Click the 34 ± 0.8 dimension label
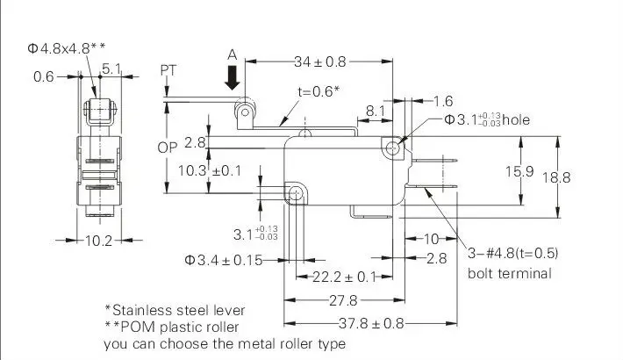pyautogui.click(x=320, y=61)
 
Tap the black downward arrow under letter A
pyautogui.click(x=233, y=77)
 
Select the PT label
pyautogui.click(x=168, y=70)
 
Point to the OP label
pyautogui.click(x=168, y=148)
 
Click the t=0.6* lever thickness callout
pyautogui.click(x=319, y=91)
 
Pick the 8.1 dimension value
pyautogui.click(x=375, y=111)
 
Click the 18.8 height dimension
pyautogui.click(x=556, y=177)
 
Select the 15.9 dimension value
pyautogui.click(x=519, y=171)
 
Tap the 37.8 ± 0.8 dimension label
pyautogui.click(x=371, y=323)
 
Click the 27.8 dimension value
pyautogui.click(x=343, y=300)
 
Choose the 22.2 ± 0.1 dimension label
pyautogui.click(x=344, y=277)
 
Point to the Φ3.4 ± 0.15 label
pyautogui.click(x=223, y=260)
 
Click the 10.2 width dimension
pyautogui.click(x=98, y=241)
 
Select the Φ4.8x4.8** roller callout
pyautogui.click(x=67, y=48)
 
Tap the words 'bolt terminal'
pyautogui.click(x=510, y=274)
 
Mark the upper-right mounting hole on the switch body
pyautogui.click(x=392, y=148)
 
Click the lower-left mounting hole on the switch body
pyautogui.click(x=295, y=194)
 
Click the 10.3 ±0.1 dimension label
pyautogui.click(x=210, y=170)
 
